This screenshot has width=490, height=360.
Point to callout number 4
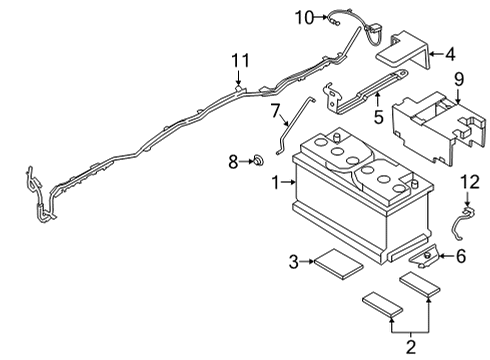coord(450,54)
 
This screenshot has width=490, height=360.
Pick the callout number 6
coord(460,256)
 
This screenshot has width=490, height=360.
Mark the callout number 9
coord(458,80)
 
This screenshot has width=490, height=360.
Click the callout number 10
coord(304,15)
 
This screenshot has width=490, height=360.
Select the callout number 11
coord(239,62)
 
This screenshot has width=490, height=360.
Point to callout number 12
coord(470,181)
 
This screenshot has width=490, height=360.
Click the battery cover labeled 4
coord(406,51)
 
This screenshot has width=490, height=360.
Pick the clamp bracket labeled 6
coord(423,258)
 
